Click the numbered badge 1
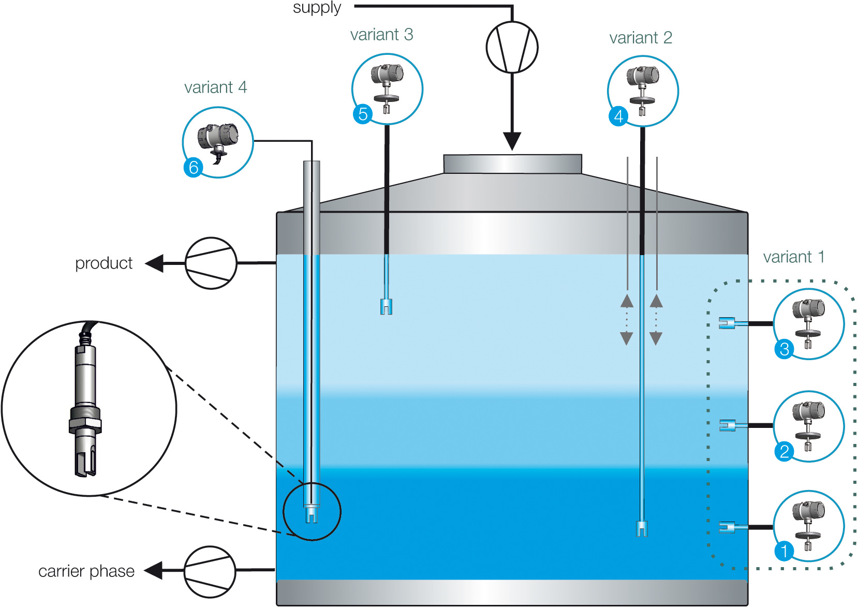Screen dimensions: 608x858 pyautogui.click(x=784, y=551)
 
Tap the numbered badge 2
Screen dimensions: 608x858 pyautogui.click(x=784, y=451)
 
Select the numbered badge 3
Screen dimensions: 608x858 pyautogui.click(x=784, y=349)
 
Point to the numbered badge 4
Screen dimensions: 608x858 pyautogui.click(x=618, y=116)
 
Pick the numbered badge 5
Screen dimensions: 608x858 pyautogui.click(x=362, y=114)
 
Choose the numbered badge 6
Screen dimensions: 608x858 pyautogui.click(x=193, y=167)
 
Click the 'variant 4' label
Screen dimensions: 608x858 pyautogui.click(x=215, y=87)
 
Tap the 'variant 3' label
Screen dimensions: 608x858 pyautogui.click(x=381, y=35)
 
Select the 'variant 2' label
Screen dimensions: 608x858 pyautogui.click(x=640, y=38)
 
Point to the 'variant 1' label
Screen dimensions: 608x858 pyautogui.click(x=793, y=257)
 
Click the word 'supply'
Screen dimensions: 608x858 pyautogui.click(x=317, y=8)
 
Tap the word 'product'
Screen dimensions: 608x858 pyautogui.click(x=103, y=263)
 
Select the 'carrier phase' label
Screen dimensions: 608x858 pyautogui.click(x=86, y=571)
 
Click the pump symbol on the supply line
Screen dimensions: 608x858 pyautogui.click(x=512, y=47)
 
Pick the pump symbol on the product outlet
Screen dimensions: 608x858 pyautogui.click(x=211, y=263)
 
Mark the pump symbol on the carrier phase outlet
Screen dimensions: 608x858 pyautogui.click(x=210, y=571)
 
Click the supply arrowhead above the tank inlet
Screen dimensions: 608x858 pyautogui.click(x=512, y=141)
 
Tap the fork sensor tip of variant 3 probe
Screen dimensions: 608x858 pyautogui.click(x=386, y=307)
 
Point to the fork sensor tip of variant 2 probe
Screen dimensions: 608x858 pyautogui.click(x=642, y=529)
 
